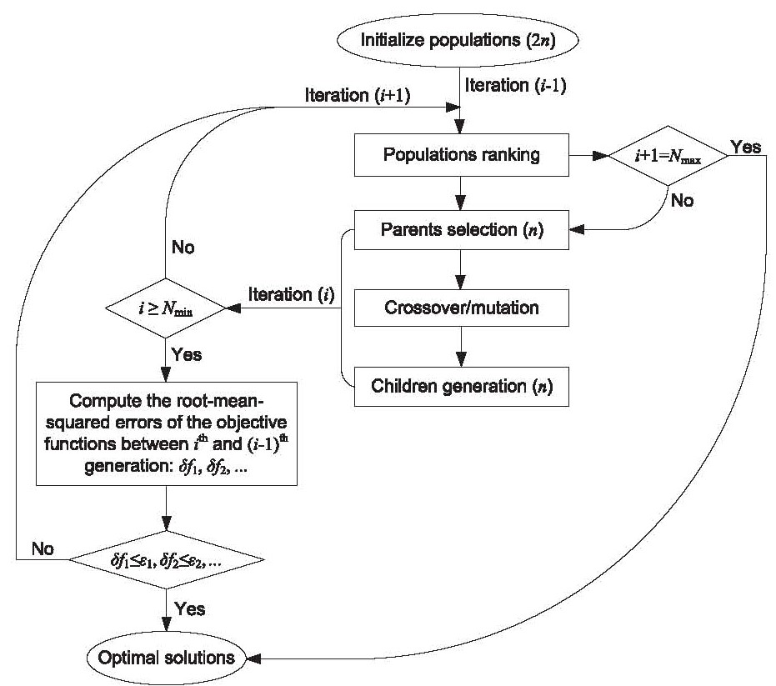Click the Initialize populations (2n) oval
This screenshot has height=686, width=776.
460,38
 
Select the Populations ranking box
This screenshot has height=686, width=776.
461,155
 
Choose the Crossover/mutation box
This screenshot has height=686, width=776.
461,308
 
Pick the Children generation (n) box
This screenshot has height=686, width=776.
461,386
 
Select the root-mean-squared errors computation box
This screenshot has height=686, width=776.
167,433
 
